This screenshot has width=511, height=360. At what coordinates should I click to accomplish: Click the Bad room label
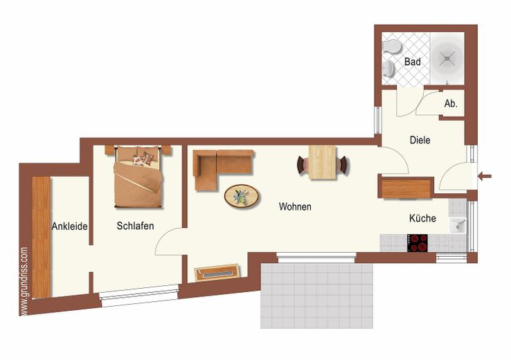click(x=412, y=62)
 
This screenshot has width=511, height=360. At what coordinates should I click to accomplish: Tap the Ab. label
click(x=451, y=104)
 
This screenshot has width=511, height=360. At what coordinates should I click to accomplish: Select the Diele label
click(x=420, y=140)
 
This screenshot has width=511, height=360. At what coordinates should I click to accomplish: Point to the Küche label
click(x=422, y=218)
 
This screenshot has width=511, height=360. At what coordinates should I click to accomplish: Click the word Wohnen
click(x=295, y=206)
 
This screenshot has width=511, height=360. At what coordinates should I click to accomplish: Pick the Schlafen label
click(x=135, y=226)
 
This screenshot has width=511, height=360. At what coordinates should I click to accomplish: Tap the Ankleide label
click(x=69, y=226)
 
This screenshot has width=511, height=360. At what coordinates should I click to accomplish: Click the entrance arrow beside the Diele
click(x=485, y=177)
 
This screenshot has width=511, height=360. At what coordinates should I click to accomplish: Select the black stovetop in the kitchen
click(x=418, y=243)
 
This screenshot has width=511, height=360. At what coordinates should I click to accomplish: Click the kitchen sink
click(x=458, y=225)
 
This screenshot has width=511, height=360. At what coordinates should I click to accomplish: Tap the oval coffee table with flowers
click(x=242, y=196)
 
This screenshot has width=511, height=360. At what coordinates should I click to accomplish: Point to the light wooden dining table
click(x=322, y=163)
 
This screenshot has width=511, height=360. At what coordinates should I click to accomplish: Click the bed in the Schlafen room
click(x=138, y=177)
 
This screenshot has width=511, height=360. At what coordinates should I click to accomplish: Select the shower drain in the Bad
click(x=447, y=59)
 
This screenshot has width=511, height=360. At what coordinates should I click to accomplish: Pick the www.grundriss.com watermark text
click(x=24, y=281)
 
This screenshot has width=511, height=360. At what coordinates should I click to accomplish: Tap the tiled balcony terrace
click(x=316, y=296)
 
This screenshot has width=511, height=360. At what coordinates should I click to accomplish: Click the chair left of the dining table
click(x=303, y=165)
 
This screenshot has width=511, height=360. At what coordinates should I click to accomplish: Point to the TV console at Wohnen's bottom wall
click(x=217, y=273)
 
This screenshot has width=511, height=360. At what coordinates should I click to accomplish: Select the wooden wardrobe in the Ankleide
click(x=41, y=237)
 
